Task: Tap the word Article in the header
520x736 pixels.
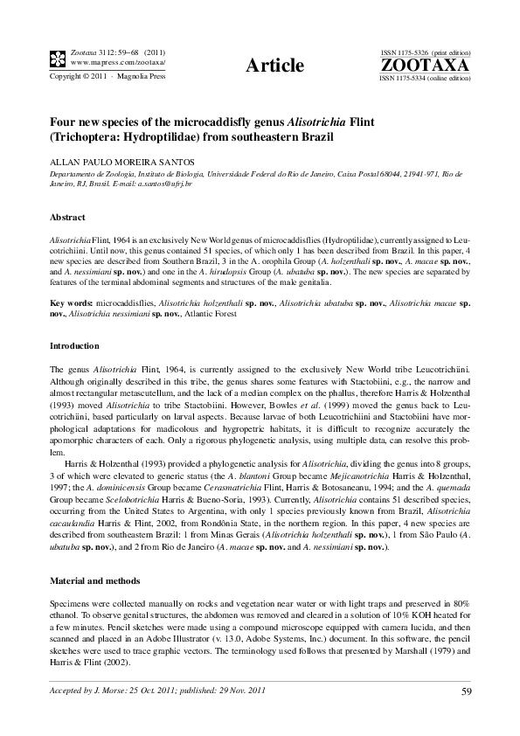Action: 275,66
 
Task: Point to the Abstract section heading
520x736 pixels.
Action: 67,216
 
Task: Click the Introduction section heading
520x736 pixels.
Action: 74,346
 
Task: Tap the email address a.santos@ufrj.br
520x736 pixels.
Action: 166,184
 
